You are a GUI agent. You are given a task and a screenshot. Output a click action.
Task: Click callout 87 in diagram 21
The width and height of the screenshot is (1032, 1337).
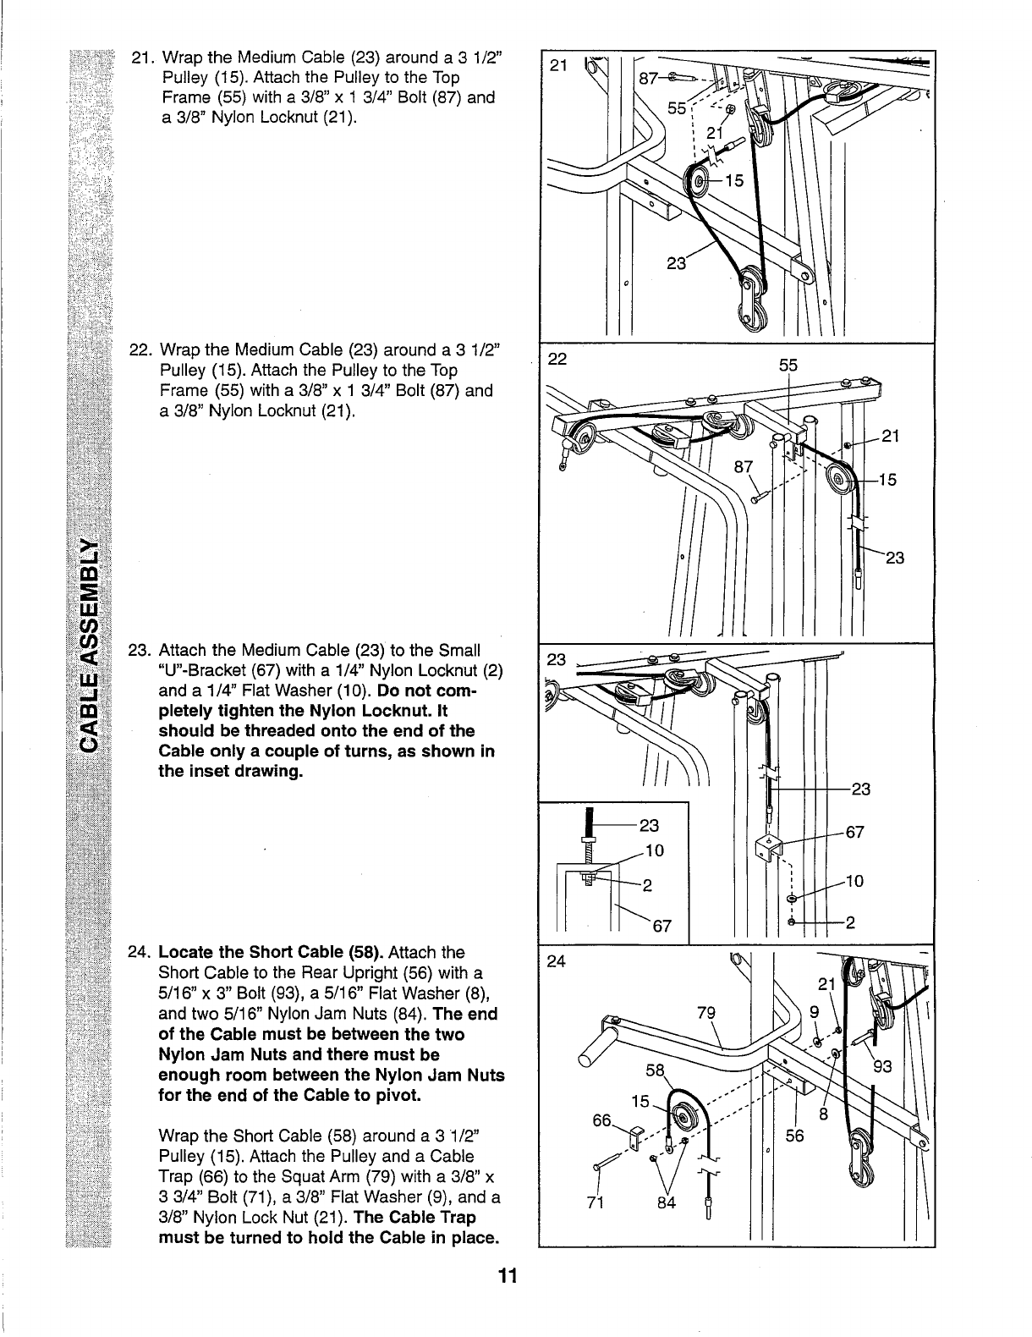pos(649,79)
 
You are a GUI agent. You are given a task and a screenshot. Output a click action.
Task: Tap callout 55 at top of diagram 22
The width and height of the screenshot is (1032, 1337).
pos(788,366)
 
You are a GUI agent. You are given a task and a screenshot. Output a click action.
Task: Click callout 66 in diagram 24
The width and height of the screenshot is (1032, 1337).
pos(601,1120)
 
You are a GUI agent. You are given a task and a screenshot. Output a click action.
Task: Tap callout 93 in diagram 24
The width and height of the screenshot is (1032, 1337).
pos(882,1067)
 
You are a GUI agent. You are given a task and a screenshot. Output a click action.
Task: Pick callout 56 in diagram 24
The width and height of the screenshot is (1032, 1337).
pos(794,1137)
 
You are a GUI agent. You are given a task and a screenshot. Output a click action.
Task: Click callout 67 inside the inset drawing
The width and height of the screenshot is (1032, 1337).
pos(661,926)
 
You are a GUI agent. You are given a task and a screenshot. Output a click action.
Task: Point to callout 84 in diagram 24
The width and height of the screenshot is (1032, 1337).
pos(667,1202)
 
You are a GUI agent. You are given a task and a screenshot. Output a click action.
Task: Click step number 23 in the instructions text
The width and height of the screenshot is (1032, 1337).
pos(138,651)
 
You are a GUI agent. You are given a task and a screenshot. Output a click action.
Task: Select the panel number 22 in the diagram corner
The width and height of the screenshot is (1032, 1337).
pos(557,358)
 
